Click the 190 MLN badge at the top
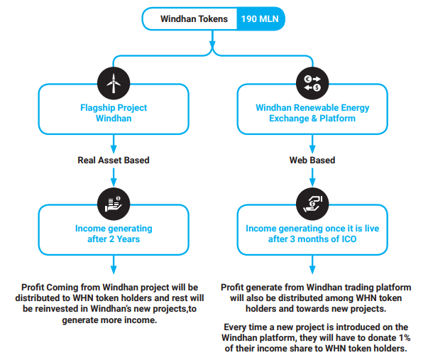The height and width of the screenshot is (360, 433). (261, 18)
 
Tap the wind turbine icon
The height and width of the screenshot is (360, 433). (113, 84)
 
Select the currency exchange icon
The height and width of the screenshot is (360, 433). (312, 84)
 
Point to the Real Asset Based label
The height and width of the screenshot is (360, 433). (114, 160)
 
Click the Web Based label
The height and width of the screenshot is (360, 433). (312, 160)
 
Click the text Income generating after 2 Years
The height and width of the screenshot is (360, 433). (114, 234)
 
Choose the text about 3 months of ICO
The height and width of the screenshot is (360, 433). (312, 240)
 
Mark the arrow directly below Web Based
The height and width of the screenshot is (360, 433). (312, 178)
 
